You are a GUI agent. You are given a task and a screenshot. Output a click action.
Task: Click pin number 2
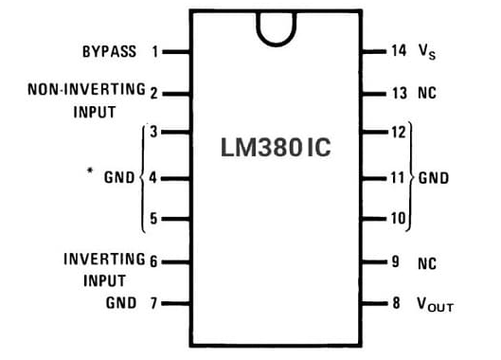153,93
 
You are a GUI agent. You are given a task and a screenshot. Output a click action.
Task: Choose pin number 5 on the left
154,219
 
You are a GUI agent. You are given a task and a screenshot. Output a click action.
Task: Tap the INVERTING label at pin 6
104,259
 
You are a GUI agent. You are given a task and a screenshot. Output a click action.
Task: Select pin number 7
154,303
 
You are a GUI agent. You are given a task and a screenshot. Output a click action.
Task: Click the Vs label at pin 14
427,52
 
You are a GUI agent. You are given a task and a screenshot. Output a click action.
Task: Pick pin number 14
398,50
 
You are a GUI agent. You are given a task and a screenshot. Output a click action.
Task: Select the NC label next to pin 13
426,94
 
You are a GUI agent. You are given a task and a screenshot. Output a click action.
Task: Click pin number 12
398,134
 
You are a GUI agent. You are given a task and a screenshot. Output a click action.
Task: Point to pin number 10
398,219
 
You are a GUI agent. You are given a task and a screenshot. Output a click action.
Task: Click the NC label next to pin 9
426,263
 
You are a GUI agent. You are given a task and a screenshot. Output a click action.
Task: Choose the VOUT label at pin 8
435,304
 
